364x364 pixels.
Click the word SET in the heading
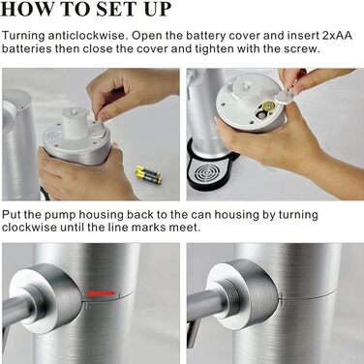[x=114, y=9]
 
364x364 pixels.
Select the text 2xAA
[x=337, y=35]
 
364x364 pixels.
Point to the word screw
[x=301, y=49]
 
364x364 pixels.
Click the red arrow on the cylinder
[x=100, y=293]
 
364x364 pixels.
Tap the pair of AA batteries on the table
[x=148, y=174]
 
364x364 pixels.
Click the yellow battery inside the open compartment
[x=268, y=106]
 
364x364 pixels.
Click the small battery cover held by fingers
[x=285, y=96]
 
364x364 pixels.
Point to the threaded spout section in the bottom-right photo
[x=230, y=295]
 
